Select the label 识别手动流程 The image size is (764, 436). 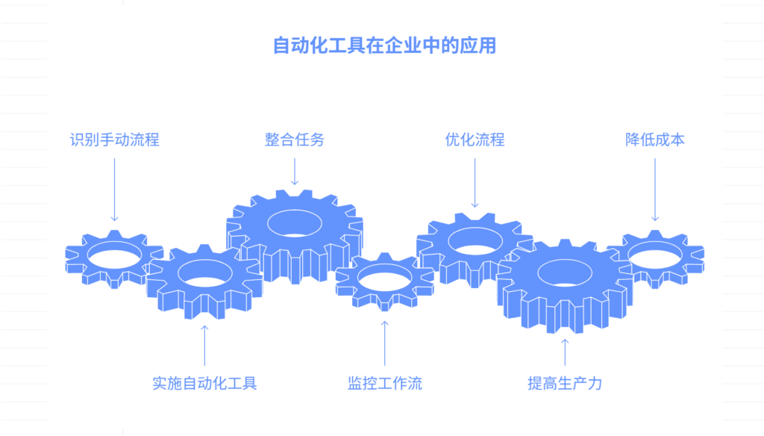[x=115, y=140]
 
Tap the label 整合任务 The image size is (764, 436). [x=295, y=140]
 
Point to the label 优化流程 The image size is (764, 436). [x=475, y=140]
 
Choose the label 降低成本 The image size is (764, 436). [x=655, y=140]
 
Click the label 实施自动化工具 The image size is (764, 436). [x=204, y=384]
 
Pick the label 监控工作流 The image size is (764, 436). [x=385, y=384]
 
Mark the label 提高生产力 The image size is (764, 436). [x=565, y=384]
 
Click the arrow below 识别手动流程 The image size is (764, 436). [x=115, y=190]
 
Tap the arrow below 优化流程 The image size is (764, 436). [x=475, y=182]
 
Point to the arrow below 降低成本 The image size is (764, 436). [x=655, y=190]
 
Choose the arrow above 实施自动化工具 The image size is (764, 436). [x=204, y=344]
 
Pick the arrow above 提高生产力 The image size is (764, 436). [x=565, y=352]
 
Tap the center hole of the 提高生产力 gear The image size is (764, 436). [x=565, y=273]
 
